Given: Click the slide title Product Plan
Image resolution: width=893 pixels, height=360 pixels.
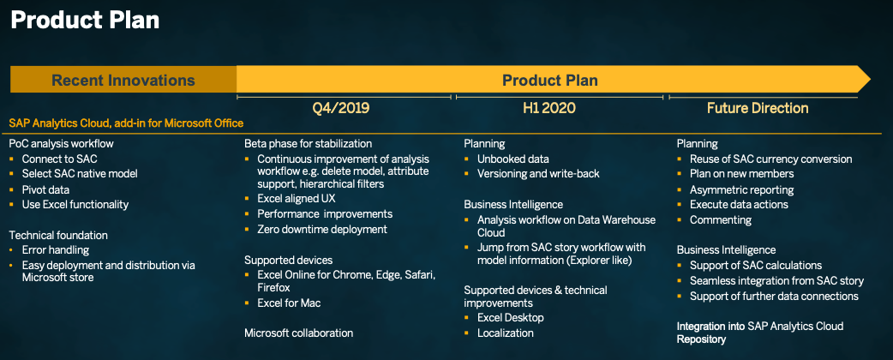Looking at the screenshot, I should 85,20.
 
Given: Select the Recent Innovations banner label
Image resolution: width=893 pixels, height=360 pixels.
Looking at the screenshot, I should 123,81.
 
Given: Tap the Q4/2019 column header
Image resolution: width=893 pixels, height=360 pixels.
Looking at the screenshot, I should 340,108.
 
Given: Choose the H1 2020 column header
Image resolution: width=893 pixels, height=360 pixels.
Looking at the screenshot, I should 548,108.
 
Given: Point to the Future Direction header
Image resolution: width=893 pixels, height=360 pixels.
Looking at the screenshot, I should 758,108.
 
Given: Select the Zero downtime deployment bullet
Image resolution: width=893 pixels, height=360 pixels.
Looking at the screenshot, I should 322,229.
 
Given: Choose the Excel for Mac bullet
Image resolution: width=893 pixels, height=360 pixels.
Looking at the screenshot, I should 289,303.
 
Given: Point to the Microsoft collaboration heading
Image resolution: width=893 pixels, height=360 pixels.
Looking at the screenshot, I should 298,333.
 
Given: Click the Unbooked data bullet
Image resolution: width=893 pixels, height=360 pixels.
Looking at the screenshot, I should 513,159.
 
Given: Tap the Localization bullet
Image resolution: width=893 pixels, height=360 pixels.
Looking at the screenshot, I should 506,333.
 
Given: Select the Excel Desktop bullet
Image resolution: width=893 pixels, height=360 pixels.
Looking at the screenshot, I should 511,317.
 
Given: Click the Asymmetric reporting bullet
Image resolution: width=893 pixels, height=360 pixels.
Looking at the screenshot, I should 742,189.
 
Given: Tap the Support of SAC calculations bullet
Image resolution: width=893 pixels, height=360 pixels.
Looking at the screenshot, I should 756,265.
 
